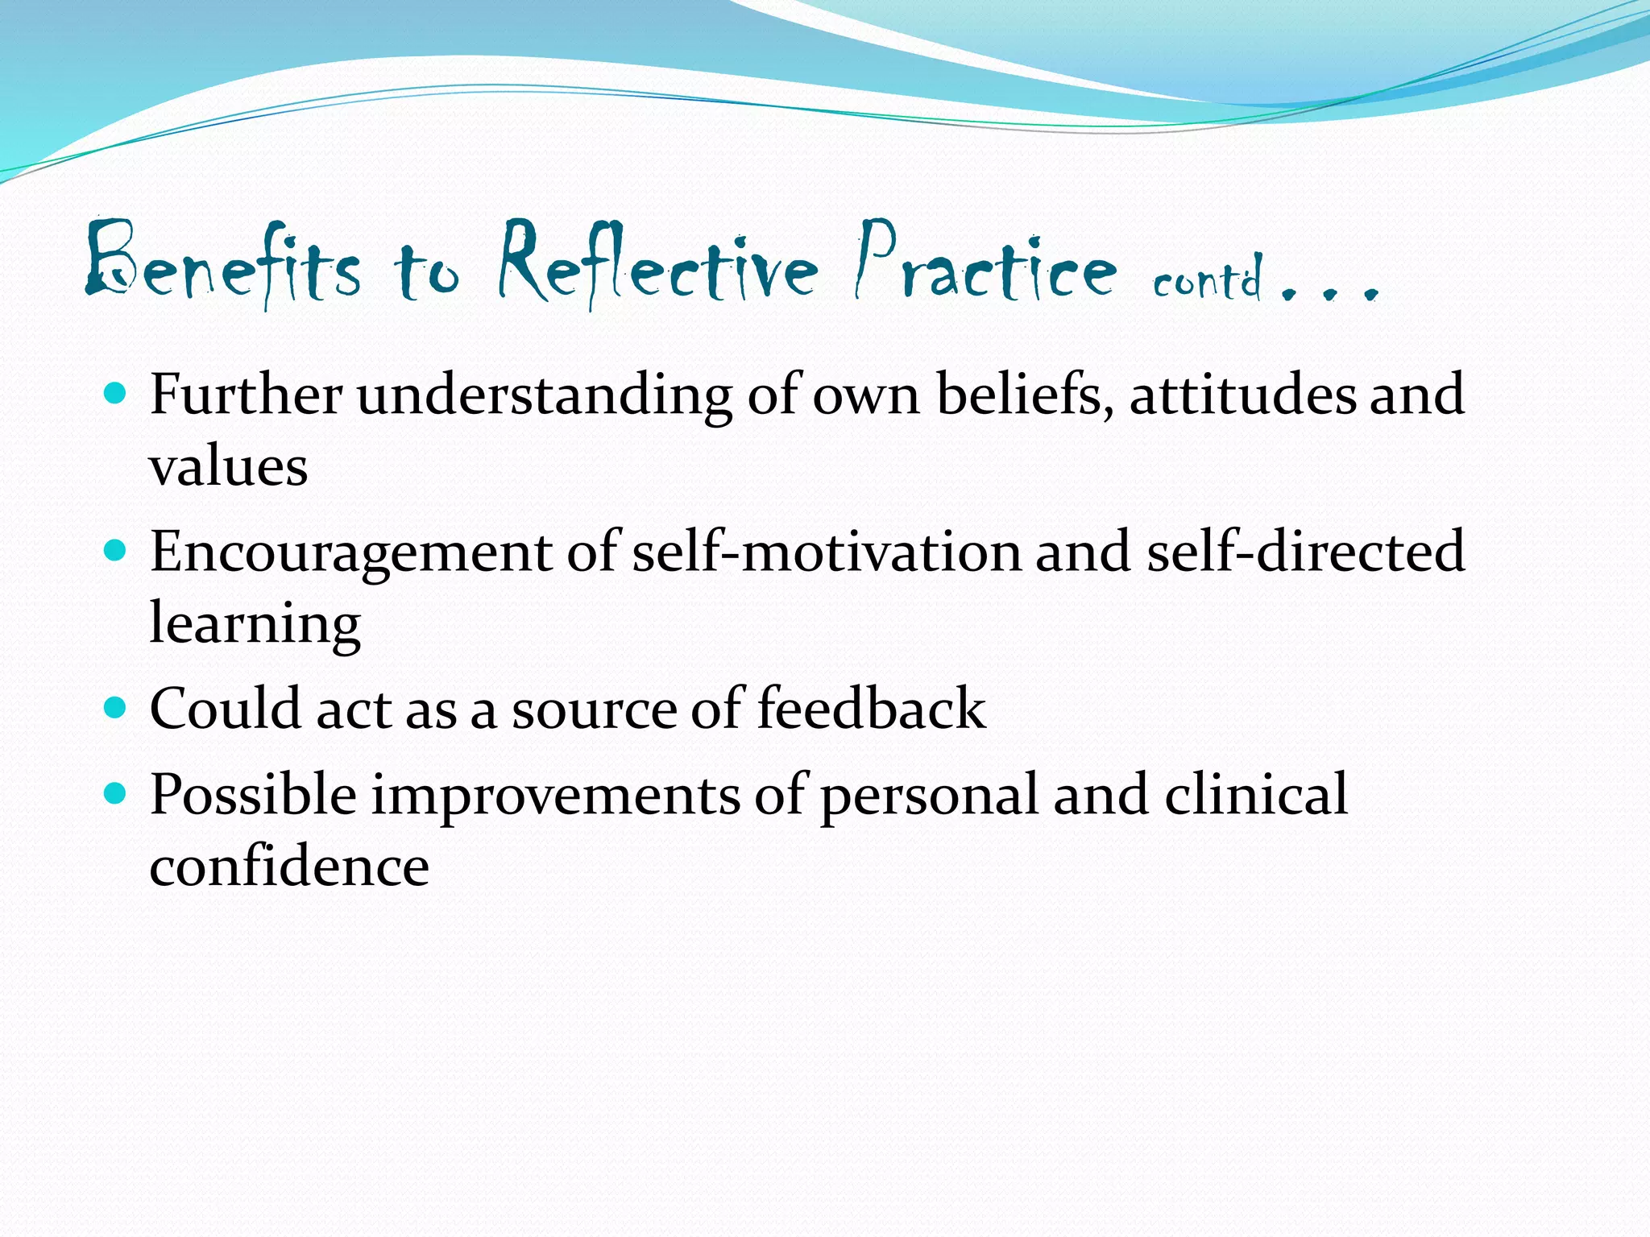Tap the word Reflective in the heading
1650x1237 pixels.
point(657,266)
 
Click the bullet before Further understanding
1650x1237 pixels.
point(116,394)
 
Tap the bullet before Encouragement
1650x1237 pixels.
point(116,551)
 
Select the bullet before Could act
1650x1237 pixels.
point(116,708)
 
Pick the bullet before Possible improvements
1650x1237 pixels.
point(116,794)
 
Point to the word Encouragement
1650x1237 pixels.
point(350,552)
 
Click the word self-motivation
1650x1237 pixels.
point(826,552)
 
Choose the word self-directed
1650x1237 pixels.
point(1304,552)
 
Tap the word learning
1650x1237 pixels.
point(255,625)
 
